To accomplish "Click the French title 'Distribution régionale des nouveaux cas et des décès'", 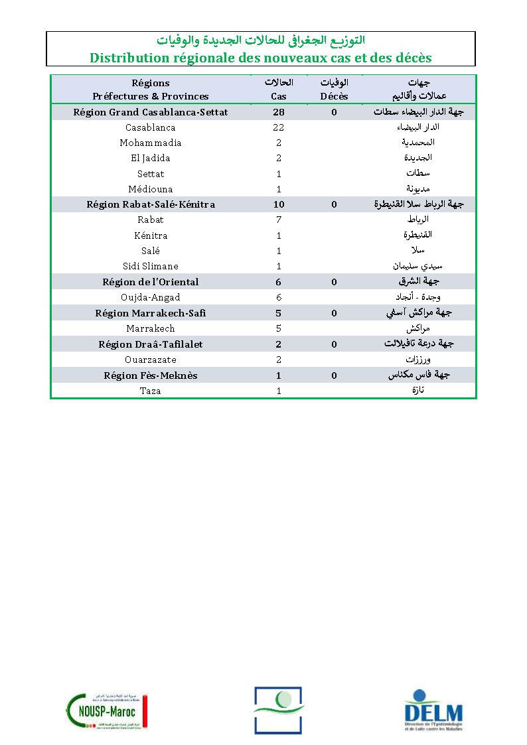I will point(260,58).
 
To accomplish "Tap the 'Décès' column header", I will point(334,96).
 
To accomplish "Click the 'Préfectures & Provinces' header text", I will point(151,96).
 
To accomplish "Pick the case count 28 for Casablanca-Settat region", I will point(279,112).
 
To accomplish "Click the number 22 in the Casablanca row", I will point(279,127).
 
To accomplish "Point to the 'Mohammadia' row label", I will point(151,143).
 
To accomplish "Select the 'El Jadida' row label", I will point(151,158).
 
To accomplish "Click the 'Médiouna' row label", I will point(151,189).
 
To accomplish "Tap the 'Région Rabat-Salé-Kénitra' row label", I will point(151,204).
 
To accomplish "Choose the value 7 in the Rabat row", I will point(279,220).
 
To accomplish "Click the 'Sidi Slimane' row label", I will point(151,266).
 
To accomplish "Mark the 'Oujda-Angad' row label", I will point(151,297).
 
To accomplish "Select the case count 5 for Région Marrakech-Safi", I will point(279,312).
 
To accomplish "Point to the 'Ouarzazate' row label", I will point(151,360).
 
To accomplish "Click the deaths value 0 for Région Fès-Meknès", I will point(334,375).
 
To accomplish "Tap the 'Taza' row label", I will point(151,391).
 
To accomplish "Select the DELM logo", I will point(433,711).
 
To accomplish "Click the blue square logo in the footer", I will point(277,710).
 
